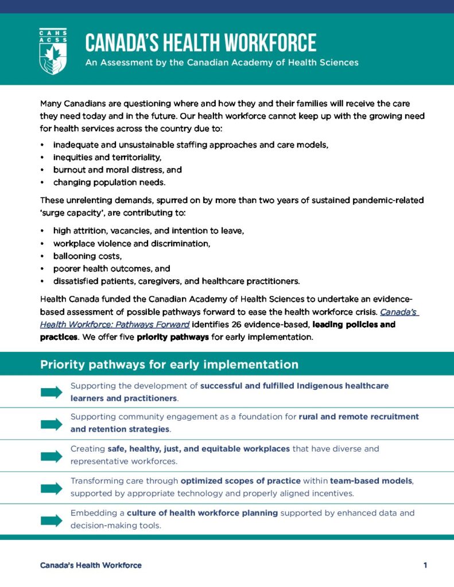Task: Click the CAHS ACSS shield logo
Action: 53,51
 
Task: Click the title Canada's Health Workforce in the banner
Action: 200,43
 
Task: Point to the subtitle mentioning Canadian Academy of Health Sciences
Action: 222,62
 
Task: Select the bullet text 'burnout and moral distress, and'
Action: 117,170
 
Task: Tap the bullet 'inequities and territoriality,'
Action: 107,157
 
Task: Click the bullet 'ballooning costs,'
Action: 87,256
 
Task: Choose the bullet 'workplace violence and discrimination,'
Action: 131,244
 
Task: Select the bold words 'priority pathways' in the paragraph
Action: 173,337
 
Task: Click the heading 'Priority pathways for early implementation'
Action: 169,365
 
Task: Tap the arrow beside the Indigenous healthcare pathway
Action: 52,392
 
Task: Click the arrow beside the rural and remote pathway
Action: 52,424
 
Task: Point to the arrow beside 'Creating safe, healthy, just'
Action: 52,456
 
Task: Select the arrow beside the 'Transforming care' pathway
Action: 52,488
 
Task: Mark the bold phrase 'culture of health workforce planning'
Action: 203,512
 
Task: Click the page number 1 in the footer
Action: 425,565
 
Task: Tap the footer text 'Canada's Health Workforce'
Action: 91,565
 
